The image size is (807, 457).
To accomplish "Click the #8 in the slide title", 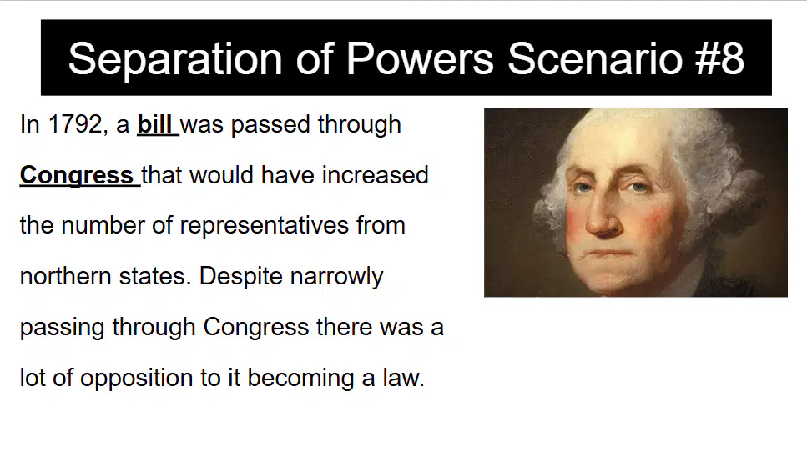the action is (719, 58).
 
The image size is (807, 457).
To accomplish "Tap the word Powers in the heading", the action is (420, 58).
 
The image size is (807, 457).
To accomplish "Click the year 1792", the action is (74, 124).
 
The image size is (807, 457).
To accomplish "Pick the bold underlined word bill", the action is (154, 124).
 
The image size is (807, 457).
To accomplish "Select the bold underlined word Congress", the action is (76, 175).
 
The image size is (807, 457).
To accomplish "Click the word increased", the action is (376, 175).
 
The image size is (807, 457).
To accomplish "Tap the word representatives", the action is (264, 226).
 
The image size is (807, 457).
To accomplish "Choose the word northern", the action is (65, 276).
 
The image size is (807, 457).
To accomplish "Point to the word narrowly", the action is (336, 276).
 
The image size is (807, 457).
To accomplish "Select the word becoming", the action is (300, 378).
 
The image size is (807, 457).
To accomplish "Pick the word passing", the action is (63, 328).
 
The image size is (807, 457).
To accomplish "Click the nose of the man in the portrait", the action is (603, 216).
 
